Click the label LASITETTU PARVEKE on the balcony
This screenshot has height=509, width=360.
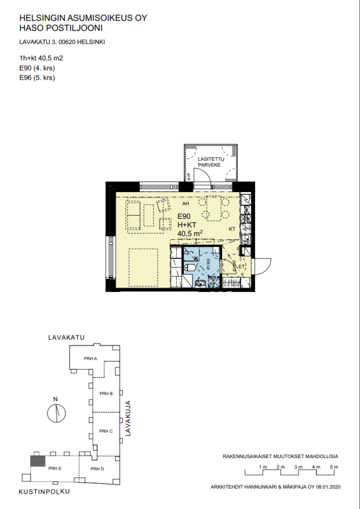tap(209, 162)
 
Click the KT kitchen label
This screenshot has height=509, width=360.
tap(232, 227)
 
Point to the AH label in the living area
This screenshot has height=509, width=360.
tap(186, 205)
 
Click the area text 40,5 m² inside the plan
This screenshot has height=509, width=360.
tap(190, 234)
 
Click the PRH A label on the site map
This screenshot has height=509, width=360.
tap(90, 359)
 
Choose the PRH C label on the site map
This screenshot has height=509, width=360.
tap(106, 431)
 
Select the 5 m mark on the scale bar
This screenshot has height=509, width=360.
tap(333, 468)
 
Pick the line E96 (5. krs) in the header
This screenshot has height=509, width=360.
tap(38, 78)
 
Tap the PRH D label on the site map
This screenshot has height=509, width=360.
tap(97, 469)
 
